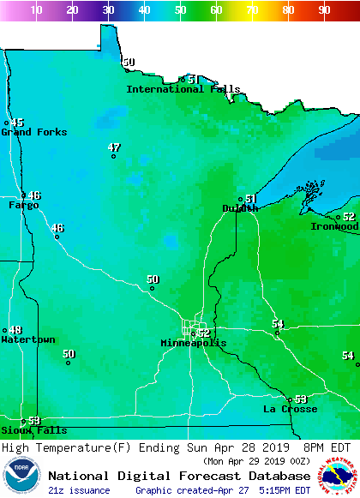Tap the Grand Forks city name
point(33,132)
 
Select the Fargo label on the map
point(23,206)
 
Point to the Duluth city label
point(239,208)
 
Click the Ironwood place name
point(334,227)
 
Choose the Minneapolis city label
point(194,343)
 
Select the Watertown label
point(27,340)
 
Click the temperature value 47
point(114,147)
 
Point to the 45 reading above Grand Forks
point(17,123)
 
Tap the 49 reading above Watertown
point(15,330)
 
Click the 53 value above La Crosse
point(300,399)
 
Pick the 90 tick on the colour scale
point(324,10)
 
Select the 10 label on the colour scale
point(37,10)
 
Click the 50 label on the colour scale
point(180,10)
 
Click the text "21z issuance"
point(79,490)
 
